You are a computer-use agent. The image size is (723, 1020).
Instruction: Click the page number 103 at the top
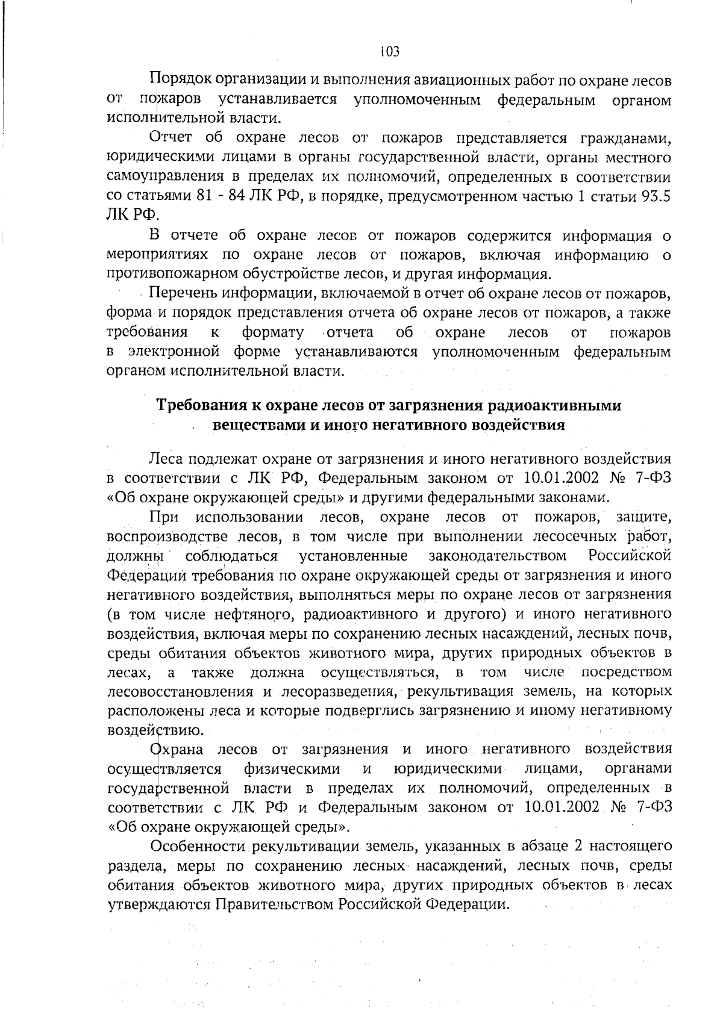click(390, 52)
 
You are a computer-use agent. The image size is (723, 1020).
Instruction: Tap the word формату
click(272, 332)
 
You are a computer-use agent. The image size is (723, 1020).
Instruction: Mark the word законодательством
click(498, 555)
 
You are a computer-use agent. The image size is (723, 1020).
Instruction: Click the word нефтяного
click(251, 614)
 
